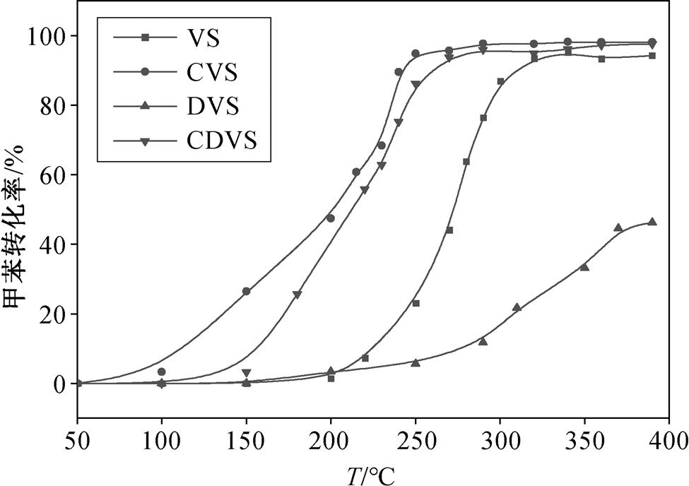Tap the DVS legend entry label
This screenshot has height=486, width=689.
[x=213, y=107]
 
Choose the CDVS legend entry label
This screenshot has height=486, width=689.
[x=221, y=141]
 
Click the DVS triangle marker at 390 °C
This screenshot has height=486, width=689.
[x=652, y=222]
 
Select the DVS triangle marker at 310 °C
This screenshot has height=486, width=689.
[x=517, y=307]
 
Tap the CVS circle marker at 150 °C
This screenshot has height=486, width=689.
[x=246, y=291]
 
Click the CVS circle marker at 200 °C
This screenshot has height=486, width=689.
[x=331, y=218]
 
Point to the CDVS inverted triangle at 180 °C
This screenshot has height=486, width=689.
[x=297, y=295]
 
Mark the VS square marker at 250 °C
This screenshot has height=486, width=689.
[x=416, y=303]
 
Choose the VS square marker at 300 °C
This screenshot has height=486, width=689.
[x=500, y=81]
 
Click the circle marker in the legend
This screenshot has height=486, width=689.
[x=144, y=72]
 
